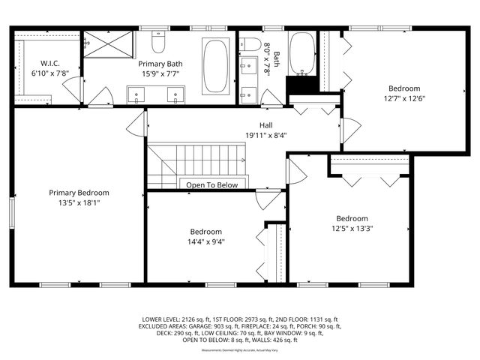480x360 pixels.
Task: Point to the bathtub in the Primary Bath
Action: [x=217, y=64]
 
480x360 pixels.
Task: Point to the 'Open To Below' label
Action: [x=211, y=184]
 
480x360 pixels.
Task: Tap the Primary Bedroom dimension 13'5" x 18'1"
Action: [x=79, y=202]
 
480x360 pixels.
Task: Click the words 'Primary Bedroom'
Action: [x=79, y=192]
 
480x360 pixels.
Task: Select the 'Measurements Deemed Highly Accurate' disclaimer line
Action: [x=239, y=349]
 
